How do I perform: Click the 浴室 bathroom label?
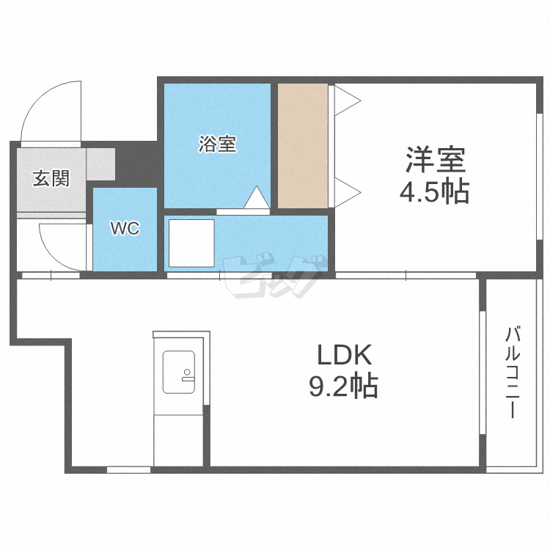[217, 144]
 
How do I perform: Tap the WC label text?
[125, 229]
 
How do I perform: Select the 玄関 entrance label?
[51, 177]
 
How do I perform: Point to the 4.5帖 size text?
[434, 192]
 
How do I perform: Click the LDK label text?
[345, 356]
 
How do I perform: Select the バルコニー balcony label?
[510, 374]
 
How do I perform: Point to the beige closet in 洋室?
[302, 146]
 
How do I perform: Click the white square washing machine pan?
[191, 243]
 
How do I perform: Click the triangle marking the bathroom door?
[256, 198]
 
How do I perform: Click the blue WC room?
[125, 246]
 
